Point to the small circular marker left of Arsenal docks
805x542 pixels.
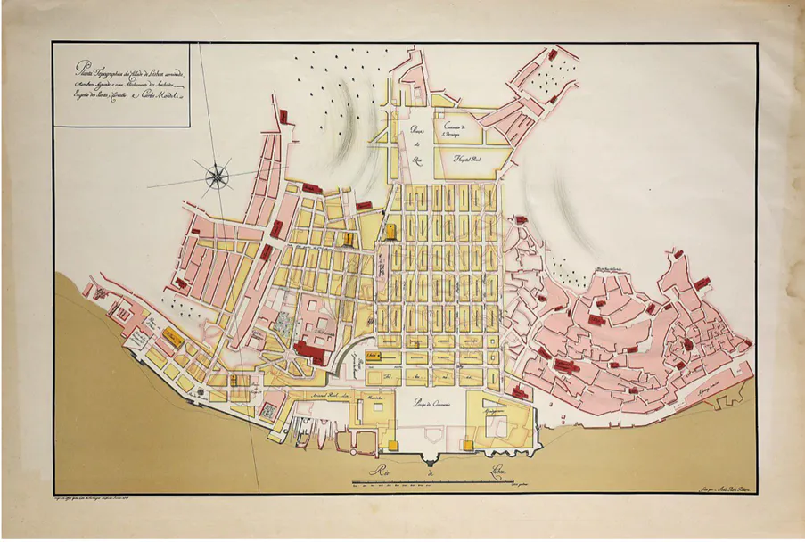(x=267, y=411)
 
